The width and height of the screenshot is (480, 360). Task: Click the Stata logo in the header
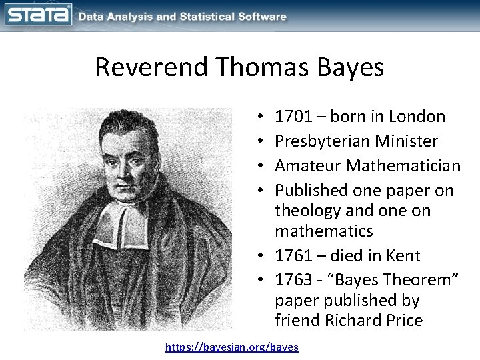coord(39,15)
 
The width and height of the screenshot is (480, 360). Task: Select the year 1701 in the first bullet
coord(293,117)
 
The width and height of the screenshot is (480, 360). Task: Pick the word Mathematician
coord(405,165)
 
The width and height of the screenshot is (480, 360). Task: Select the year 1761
coord(293,256)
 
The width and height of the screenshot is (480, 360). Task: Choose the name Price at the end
coord(403,320)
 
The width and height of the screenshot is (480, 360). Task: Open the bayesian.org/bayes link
coord(232,347)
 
